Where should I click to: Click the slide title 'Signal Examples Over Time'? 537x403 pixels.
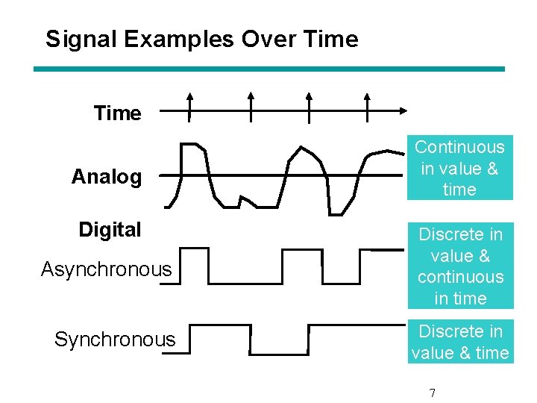click(x=201, y=39)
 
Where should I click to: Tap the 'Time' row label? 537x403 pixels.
click(x=117, y=113)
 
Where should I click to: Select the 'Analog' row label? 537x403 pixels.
click(x=106, y=177)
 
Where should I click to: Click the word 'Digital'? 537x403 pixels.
click(x=110, y=230)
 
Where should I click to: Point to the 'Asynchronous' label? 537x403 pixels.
click(x=106, y=269)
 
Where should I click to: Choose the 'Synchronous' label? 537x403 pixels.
click(x=115, y=340)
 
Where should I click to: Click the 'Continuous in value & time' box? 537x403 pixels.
click(x=459, y=168)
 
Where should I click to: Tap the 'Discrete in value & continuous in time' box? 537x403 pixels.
click(x=460, y=266)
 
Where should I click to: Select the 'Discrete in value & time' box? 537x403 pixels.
click(x=460, y=342)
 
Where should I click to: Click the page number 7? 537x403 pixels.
click(x=433, y=393)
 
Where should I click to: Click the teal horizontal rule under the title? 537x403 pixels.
click(x=269, y=69)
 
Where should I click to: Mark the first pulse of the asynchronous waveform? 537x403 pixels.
click(x=195, y=265)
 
